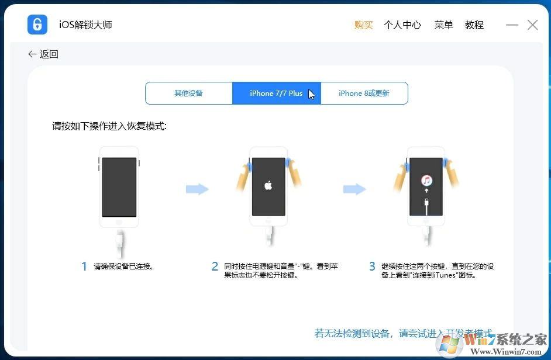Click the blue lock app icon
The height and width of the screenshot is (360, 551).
pyautogui.click(x=37, y=25)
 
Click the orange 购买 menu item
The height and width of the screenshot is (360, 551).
pyautogui.click(x=363, y=25)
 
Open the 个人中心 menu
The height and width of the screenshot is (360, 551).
pyautogui.click(x=402, y=25)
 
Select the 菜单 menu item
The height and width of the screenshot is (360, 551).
pyautogui.click(x=443, y=25)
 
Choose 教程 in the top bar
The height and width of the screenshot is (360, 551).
pyautogui.click(x=474, y=25)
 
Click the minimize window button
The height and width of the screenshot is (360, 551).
pyautogui.click(x=512, y=25)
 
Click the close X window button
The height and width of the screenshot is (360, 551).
pyautogui.click(x=532, y=25)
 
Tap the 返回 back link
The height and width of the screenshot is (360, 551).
pyautogui.click(x=43, y=54)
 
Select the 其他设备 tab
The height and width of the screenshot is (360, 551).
pyautogui.click(x=188, y=94)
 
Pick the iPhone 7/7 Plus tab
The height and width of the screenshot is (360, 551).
pyautogui.click(x=276, y=94)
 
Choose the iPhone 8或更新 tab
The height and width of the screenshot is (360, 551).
pyautogui.click(x=364, y=94)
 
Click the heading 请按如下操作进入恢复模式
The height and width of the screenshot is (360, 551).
pyautogui.click(x=109, y=126)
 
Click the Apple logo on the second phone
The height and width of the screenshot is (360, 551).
pyautogui.click(x=268, y=186)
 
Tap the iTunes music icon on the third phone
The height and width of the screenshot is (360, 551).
pyautogui.click(x=427, y=181)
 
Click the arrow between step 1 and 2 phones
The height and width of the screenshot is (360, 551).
pyautogui.click(x=197, y=189)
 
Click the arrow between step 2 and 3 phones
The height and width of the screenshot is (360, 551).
pyautogui.click(x=354, y=189)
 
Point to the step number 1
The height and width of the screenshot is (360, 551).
pyautogui.click(x=84, y=266)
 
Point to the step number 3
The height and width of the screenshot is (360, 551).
pyautogui.click(x=372, y=266)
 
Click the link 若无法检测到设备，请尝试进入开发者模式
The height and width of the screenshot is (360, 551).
pyautogui.click(x=403, y=333)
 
